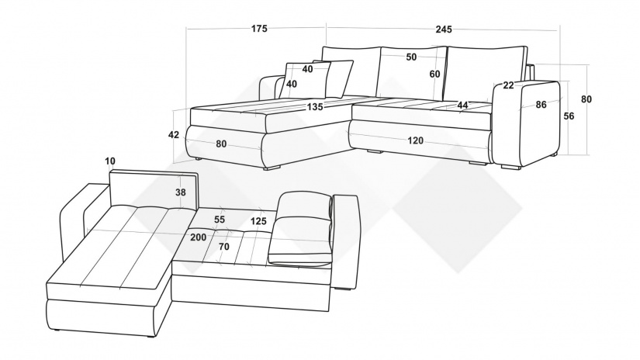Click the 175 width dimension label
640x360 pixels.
pyautogui.click(x=259, y=29)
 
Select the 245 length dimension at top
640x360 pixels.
pyautogui.click(x=444, y=29)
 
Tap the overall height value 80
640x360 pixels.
pyautogui.click(x=586, y=99)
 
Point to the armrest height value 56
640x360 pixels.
pyautogui.click(x=569, y=116)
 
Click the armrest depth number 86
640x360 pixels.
pyautogui.click(x=541, y=105)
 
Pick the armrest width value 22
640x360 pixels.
pyautogui.click(x=508, y=85)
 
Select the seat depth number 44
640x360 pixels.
pyautogui.click(x=462, y=106)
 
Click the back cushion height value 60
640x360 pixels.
pyautogui.click(x=434, y=74)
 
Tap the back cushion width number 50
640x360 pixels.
pyautogui.click(x=411, y=57)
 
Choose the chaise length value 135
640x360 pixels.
pyautogui.click(x=315, y=107)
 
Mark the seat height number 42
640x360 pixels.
pyautogui.click(x=174, y=135)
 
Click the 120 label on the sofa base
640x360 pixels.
pyautogui.click(x=416, y=140)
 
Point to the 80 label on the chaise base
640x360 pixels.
pyautogui.click(x=221, y=144)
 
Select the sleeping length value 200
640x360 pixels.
pyautogui.click(x=199, y=237)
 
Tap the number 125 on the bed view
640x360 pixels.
pyautogui.click(x=258, y=221)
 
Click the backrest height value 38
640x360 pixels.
pyautogui.click(x=181, y=192)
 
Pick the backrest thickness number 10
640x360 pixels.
pyautogui.click(x=110, y=161)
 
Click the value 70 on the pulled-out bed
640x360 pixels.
pyautogui.click(x=224, y=247)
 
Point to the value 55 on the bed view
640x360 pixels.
pyautogui.click(x=220, y=220)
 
